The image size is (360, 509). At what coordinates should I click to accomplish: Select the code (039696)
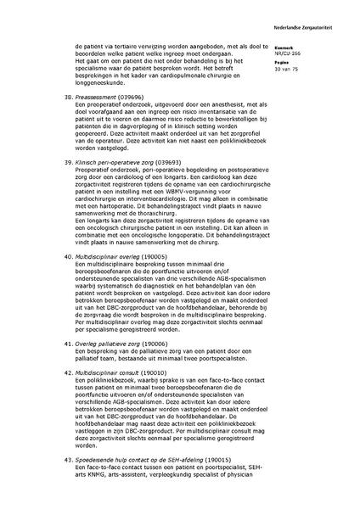134,120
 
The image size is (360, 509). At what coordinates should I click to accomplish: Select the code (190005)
153,278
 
